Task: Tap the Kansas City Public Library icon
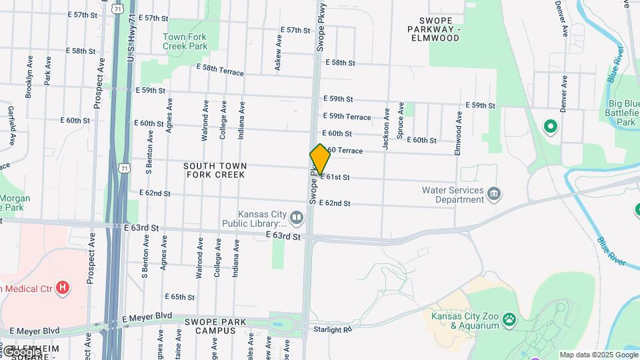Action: [296, 217]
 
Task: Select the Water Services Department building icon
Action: [494, 194]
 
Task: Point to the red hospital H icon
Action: [63, 288]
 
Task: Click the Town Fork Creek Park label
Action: [185, 41]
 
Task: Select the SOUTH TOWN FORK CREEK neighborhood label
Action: [215, 170]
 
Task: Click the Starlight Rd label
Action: [331, 329]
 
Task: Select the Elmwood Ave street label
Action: [458, 133]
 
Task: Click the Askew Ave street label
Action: [278, 52]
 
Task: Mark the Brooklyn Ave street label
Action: [29, 77]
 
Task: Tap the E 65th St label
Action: [180, 297]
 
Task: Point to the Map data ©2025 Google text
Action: [599, 355]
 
